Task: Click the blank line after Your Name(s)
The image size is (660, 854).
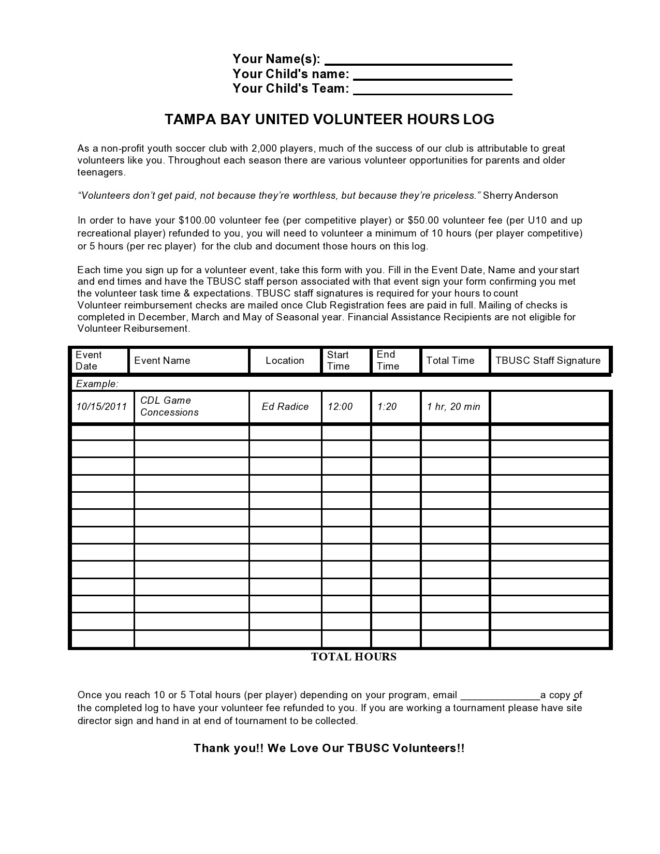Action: tap(418, 61)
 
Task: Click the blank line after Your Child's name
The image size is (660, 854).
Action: tap(433, 76)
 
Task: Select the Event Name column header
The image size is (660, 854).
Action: tap(162, 361)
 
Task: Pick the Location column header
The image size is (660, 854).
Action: tap(285, 361)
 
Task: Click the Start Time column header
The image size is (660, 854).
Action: tap(338, 360)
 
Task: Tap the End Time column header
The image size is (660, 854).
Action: tap(388, 360)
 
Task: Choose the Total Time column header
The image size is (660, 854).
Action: tap(450, 361)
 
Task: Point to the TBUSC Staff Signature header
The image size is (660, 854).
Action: tap(548, 361)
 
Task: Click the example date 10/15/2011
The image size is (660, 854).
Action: tap(101, 407)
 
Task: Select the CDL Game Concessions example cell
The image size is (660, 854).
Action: tap(169, 406)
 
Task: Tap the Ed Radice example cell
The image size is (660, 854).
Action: tap(285, 407)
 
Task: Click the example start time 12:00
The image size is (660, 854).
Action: tap(340, 407)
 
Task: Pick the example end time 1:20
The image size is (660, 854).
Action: tap(387, 407)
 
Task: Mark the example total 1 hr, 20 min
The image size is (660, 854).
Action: tap(453, 407)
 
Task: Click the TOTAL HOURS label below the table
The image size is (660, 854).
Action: tap(354, 657)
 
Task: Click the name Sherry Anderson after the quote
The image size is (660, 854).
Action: tap(520, 196)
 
